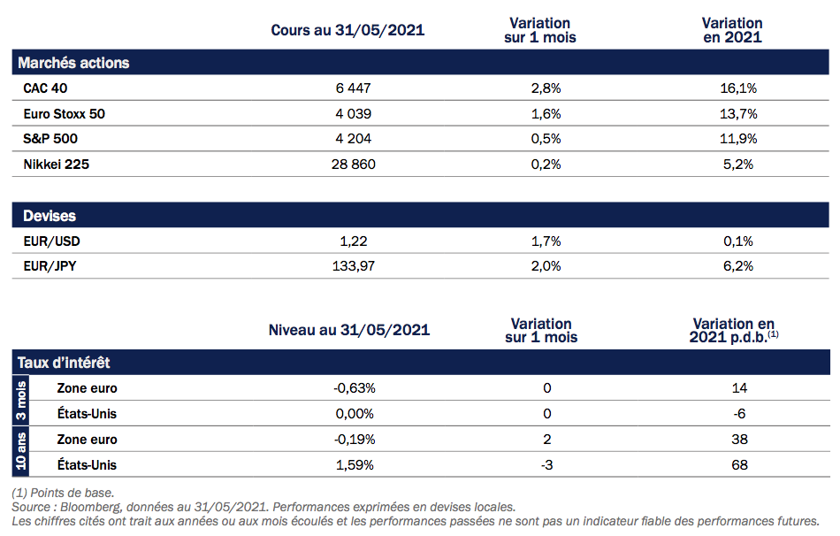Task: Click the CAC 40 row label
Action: tap(45, 88)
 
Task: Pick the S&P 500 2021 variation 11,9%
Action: tap(739, 138)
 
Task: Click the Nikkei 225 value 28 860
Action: tap(348, 164)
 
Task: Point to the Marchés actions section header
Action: tap(73, 63)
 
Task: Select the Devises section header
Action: tap(50, 216)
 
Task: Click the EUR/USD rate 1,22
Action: tap(353, 241)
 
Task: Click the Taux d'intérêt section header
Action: tap(64, 363)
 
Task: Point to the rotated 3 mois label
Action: tap(22, 401)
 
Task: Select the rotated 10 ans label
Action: tap(22, 452)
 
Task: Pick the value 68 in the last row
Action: tap(739, 464)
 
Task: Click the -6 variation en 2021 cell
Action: tap(739, 414)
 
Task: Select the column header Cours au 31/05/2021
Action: tap(347, 30)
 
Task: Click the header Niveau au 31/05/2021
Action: tap(349, 330)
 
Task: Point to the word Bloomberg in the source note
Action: tap(93, 507)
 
